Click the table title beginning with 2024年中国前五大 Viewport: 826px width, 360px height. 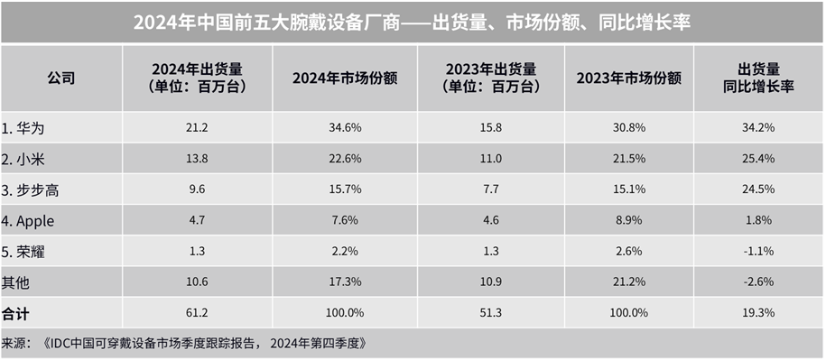coord(412,23)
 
